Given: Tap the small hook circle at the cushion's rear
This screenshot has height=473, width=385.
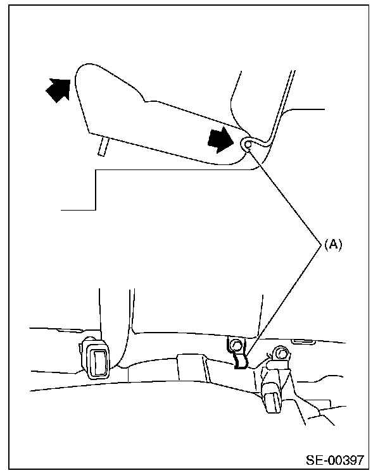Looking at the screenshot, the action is [248, 145].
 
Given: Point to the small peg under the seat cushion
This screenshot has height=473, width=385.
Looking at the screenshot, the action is [102, 146].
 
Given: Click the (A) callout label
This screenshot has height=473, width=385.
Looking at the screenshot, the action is [332, 245].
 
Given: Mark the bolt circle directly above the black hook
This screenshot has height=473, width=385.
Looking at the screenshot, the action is [236, 345].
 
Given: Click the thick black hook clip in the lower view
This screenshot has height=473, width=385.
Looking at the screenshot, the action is [239, 362].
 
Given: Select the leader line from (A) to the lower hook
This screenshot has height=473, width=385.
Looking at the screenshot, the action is [285, 297].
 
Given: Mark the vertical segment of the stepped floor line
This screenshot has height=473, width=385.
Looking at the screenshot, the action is [94, 189].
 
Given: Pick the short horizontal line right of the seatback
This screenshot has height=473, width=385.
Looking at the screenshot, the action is [303, 110].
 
